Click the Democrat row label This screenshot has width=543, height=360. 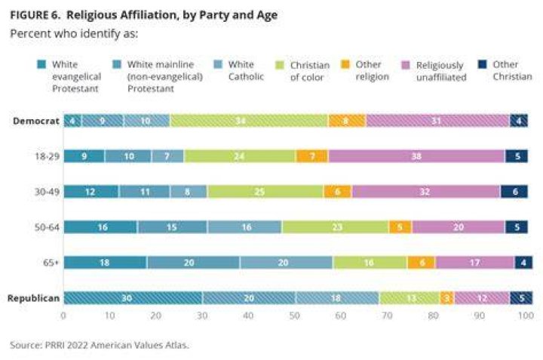pyautogui.click(x=36, y=121)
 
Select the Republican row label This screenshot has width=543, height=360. pyautogui.click(x=33, y=298)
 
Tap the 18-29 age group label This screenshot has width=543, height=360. pyautogui.click(x=47, y=156)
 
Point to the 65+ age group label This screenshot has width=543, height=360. pyautogui.click(x=51, y=263)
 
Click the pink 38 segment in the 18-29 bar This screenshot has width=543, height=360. pyautogui.click(x=416, y=156)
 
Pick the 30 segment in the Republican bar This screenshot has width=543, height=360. pyautogui.click(x=133, y=298)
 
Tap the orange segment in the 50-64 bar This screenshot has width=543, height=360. pyautogui.click(x=400, y=227)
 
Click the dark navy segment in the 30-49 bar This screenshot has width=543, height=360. pyautogui.click(x=514, y=192)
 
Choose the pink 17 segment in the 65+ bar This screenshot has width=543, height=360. pyautogui.click(x=475, y=263)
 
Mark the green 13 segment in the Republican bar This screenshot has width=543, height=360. pyautogui.click(x=410, y=298)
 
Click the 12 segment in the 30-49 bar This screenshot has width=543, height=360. pyautogui.click(x=91, y=192)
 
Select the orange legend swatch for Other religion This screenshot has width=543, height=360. pyautogui.click(x=345, y=64)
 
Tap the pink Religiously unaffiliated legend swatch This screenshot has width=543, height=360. pyautogui.click(x=406, y=65)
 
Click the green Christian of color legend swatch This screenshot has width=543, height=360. pyautogui.click(x=280, y=65)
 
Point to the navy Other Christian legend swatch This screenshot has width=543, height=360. pyautogui.click(x=482, y=64)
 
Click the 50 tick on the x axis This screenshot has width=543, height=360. pyautogui.click(x=294, y=315)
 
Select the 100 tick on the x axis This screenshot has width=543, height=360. pyautogui.click(x=526, y=315)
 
